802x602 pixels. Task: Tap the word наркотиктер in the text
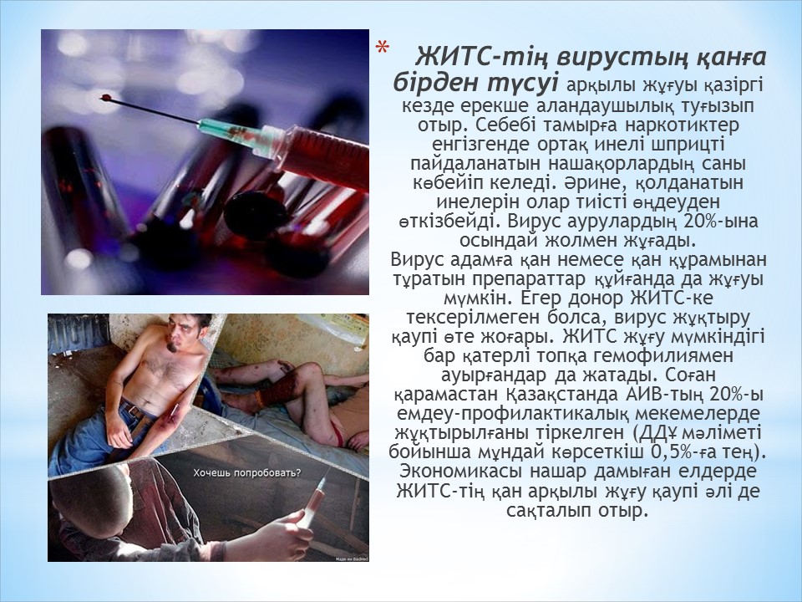tap(682, 125)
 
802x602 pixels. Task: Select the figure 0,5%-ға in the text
tap(692, 452)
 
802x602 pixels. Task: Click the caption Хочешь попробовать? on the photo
tap(246, 473)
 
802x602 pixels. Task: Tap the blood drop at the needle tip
tap(106, 97)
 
